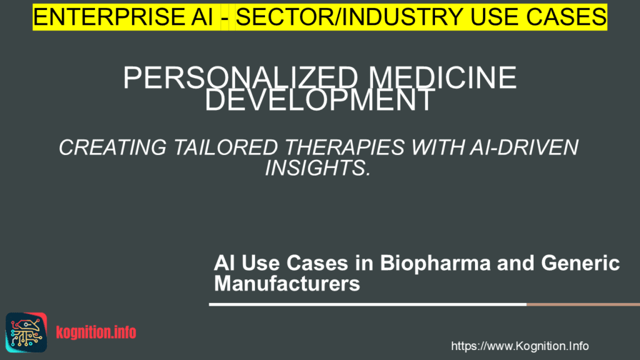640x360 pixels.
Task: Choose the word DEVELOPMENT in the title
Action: coord(319,101)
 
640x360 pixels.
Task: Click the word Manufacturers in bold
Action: coord(287,284)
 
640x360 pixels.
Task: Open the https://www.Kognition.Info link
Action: coord(519,346)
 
